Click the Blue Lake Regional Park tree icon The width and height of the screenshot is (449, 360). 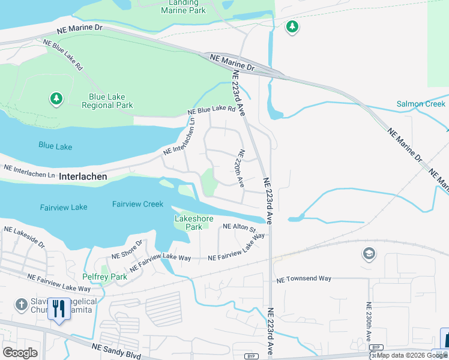point(56,98)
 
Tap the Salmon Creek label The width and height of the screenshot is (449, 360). point(421,104)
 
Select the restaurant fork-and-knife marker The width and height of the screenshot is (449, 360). point(58,309)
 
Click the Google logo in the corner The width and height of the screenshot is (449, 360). point(20,353)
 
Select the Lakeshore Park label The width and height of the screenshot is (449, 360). point(193,223)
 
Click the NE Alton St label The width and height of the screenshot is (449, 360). point(239,228)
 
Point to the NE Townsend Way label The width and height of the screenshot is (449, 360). point(303,279)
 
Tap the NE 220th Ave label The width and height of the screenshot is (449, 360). point(241,168)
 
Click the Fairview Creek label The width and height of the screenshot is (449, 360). point(137,204)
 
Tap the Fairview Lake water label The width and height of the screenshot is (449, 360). point(63,207)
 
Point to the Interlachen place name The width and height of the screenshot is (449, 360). point(83,176)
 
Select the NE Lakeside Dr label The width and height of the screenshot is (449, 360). point(24,237)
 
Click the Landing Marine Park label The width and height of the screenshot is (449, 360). point(183,7)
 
